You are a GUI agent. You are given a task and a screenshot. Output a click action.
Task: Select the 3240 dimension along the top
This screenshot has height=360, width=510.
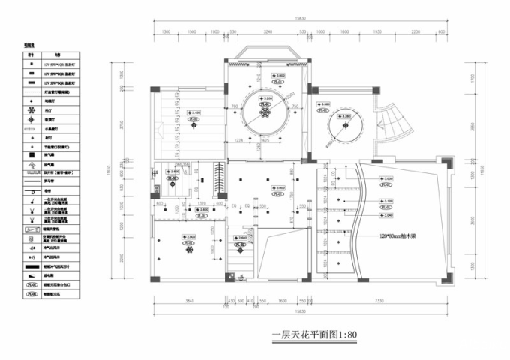[x=267, y=33]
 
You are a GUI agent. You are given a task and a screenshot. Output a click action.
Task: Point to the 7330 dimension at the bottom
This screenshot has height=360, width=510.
[x=384, y=301]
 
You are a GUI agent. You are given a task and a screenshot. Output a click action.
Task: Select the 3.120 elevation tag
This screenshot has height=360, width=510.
[x=387, y=201]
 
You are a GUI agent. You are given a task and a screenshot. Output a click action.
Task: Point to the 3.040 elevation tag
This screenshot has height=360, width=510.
[x=387, y=215]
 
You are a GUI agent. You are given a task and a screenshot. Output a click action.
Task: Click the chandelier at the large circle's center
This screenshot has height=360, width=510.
[x=265, y=112]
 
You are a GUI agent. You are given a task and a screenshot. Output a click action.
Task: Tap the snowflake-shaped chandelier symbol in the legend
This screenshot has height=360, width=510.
[x=31, y=110]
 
